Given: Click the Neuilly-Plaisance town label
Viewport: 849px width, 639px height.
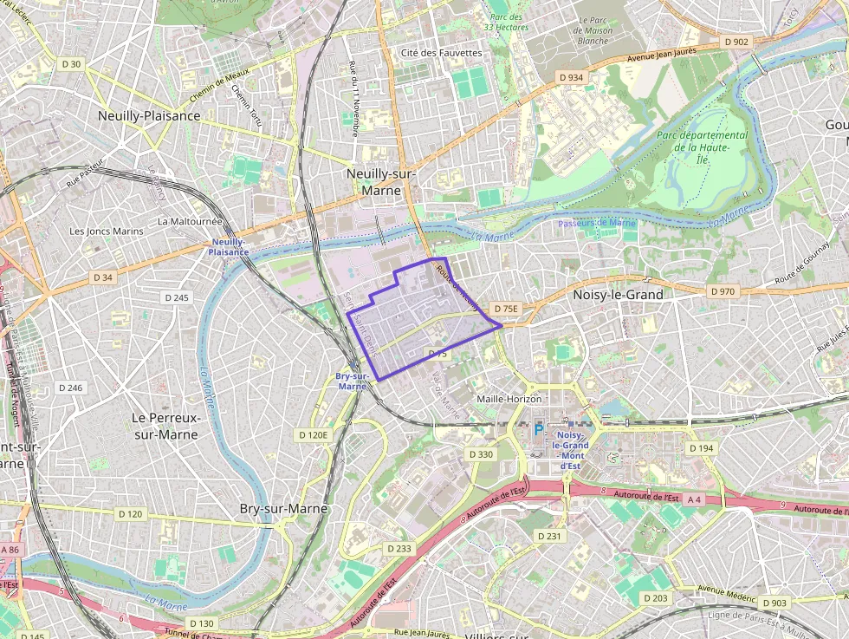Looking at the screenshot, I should pyautogui.click(x=149, y=115).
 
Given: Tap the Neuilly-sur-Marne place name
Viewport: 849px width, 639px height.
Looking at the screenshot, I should pyautogui.click(x=381, y=181).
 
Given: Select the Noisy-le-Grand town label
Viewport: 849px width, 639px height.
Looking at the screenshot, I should pyautogui.click(x=618, y=295).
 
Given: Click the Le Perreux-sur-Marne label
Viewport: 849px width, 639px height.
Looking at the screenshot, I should pyautogui.click(x=166, y=425).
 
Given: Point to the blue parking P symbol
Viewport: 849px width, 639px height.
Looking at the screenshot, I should pyautogui.click(x=539, y=429).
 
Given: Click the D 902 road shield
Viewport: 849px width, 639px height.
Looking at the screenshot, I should pyautogui.click(x=736, y=42).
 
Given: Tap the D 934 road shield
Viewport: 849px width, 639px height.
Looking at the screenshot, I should pyautogui.click(x=571, y=77).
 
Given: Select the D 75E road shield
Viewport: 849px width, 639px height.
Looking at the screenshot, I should pyautogui.click(x=505, y=309).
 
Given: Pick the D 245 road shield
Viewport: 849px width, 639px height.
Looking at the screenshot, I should pyautogui.click(x=176, y=297).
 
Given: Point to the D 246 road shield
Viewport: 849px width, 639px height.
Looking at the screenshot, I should pyautogui.click(x=69, y=388).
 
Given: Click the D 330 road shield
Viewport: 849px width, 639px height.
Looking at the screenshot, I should pyautogui.click(x=480, y=454).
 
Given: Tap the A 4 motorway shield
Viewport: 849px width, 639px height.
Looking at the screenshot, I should pyautogui.click(x=695, y=499).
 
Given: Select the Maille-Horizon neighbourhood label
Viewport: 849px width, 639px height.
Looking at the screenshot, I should pyautogui.click(x=515, y=399).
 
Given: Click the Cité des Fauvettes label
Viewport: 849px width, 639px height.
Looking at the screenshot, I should pyautogui.click(x=441, y=53).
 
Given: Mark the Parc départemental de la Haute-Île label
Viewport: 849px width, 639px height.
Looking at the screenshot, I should pyautogui.click(x=702, y=147).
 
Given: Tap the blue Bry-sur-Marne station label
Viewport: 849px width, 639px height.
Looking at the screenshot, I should pyautogui.click(x=352, y=381).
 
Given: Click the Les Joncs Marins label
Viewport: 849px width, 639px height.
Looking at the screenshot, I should pyautogui.click(x=106, y=231).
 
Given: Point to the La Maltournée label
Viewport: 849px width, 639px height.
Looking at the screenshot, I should pyautogui.click(x=190, y=221).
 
